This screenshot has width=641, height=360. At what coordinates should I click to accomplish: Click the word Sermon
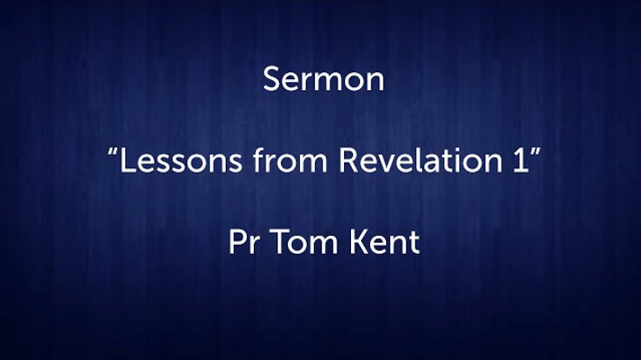click(323, 79)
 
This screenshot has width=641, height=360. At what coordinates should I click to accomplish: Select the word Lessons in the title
click(180, 160)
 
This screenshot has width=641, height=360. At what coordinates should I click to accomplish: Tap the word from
click(290, 159)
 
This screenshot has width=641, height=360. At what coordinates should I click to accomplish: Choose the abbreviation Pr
click(244, 242)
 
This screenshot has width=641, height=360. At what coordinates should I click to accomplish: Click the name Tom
click(303, 242)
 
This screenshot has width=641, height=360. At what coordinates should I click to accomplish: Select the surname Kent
click(384, 242)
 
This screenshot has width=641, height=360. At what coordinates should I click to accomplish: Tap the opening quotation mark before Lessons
click(113, 152)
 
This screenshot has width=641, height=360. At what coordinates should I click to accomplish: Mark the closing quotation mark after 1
click(536, 152)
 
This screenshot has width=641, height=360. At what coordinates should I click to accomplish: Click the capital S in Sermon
click(272, 79)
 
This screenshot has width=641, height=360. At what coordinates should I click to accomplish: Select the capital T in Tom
click(280, 242)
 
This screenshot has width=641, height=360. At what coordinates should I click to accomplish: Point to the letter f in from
click(259, 159)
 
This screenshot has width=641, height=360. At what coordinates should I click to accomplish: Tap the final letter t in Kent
click(414, 244)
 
